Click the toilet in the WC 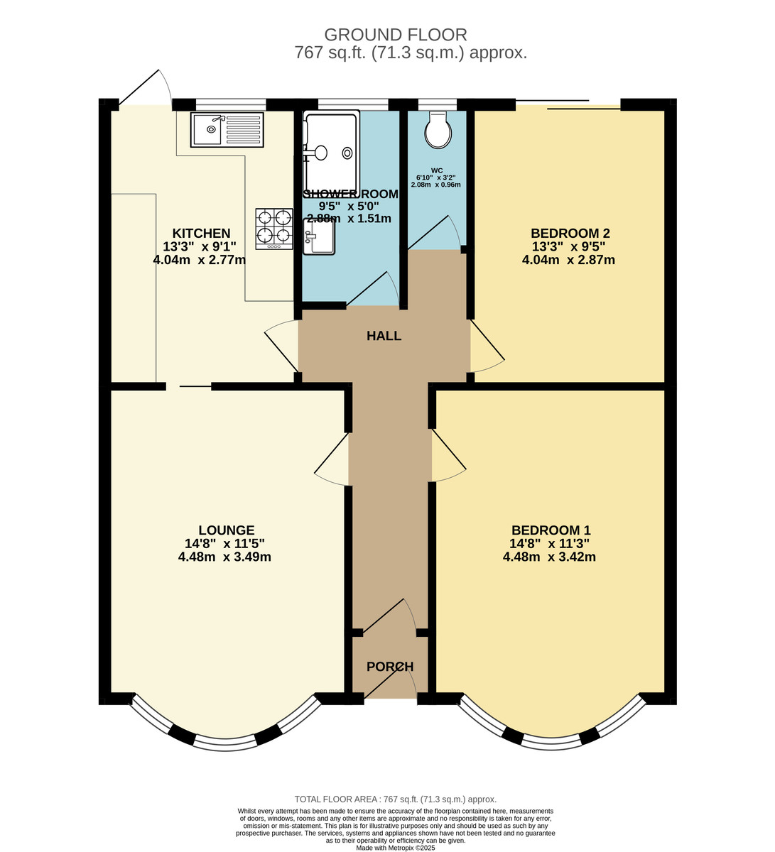click(x=438, y=130)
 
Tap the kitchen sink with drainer click(x=227, y=130)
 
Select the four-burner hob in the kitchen click(x=274, y=229)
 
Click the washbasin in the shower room click(x=318, y=236)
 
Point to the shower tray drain click(x=347, y=153)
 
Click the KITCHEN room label click(x=201, y=233)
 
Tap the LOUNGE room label click(x=226, y=530)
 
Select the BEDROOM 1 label click(x=551, y=530)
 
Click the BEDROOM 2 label click(x=570, y=233)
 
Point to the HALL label click(x=384, y=336)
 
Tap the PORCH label click(x=389, y=667)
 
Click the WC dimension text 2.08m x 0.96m click(x=435, y=185)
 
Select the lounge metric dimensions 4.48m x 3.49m click(x=224, y=557)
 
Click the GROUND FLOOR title click(x=396, y=34)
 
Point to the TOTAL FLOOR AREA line click(x=396, y=799)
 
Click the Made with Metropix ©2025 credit click(x=396, y=848)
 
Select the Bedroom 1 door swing click(x=449, y=456)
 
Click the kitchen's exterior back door click(x=144, y=87)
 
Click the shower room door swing click(x=373, y=289)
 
